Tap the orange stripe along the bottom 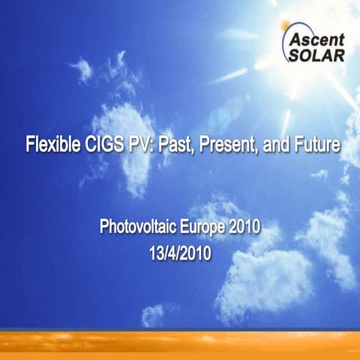180,343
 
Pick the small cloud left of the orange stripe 154,314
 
